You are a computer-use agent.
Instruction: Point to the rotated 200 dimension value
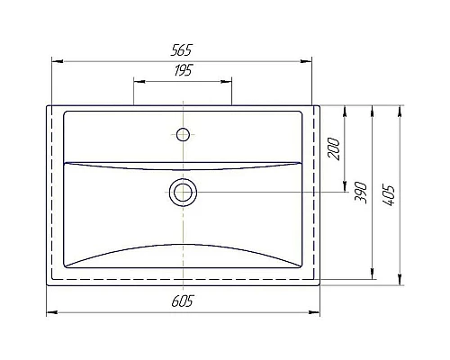click(x=335, y=149)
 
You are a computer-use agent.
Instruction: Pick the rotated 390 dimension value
click(x=360, y=192)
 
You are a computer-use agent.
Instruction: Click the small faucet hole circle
click(x=183, y=135)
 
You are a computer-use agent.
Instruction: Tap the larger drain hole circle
click(x=183, y=191)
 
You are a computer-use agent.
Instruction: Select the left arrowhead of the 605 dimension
click(x=50, y=312)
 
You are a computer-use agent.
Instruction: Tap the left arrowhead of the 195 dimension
click(x=138, y=81)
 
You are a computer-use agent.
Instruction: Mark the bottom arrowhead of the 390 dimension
click(x=371, y=274)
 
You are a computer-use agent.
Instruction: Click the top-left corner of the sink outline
click(x=47, y=106)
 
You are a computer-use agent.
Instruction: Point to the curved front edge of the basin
click(x=183, y=245)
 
